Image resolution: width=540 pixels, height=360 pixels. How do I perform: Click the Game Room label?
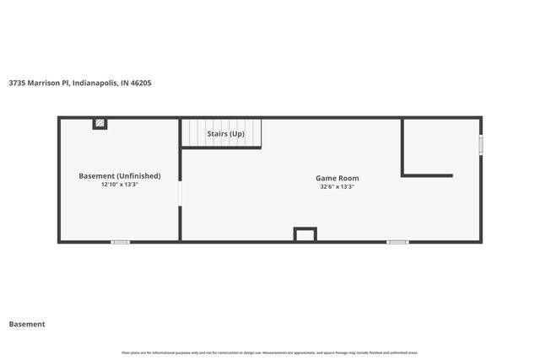point(337,178)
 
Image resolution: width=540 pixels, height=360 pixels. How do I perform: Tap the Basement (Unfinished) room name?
point(119,175)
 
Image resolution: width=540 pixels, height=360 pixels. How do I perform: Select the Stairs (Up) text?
point(225,133)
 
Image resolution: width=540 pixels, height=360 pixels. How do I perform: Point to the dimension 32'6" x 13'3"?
point(337,187)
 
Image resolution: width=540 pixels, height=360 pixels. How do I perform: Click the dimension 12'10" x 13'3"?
point(119,184)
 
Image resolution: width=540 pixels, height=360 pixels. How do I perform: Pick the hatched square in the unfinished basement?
point(100,124)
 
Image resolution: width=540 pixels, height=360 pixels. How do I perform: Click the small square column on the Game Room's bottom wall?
point(305,234)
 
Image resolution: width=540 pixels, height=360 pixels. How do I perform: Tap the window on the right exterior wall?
point(481,145)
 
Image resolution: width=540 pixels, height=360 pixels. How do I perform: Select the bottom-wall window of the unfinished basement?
point(121,242)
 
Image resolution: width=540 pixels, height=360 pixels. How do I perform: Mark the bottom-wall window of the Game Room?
point(397,242)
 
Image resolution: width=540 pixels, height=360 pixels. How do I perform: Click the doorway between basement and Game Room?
point(180,195)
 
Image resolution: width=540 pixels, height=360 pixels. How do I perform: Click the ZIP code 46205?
point(140,83)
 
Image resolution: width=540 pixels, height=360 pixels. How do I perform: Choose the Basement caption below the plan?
point(27,324)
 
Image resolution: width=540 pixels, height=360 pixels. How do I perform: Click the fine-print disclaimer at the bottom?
point(270,352)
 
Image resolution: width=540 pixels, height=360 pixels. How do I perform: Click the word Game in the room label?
point(326,178)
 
